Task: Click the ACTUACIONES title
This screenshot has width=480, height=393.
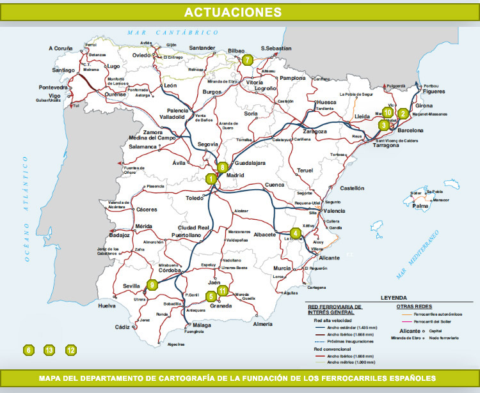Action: [x=233, y=12]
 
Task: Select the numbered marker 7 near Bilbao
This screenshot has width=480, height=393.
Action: [x=248, y=61]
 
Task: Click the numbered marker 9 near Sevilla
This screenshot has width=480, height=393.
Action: [x=152, y=285]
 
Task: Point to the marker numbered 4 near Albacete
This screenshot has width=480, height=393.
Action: [x=294, y=233]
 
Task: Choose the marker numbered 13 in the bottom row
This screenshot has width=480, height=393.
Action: [x=49, y=350]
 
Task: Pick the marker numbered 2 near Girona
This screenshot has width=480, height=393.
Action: [x=403, y=114]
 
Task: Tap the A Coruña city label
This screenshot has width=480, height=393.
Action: [x=61, y=49]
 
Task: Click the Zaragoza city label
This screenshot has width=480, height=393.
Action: [x=314, y=131]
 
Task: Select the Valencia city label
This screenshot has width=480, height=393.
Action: [x=334, y=210]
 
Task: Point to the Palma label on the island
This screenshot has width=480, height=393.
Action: [x=420, y=206]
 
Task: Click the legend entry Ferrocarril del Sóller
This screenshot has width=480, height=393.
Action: [x=436, y=322]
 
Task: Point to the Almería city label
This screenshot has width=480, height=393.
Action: [x=262, y=324]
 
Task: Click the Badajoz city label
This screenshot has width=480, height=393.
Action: [x=120, y=235]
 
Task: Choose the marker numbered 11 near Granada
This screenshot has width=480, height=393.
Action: [x=222, y=291]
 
